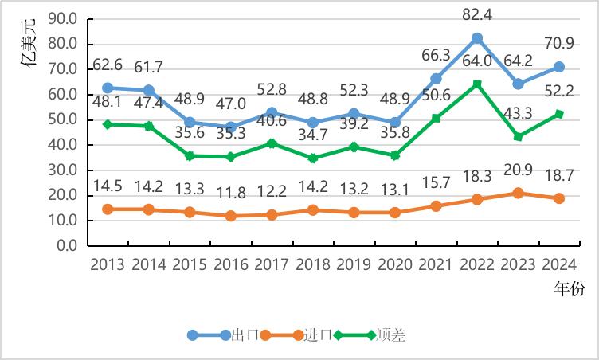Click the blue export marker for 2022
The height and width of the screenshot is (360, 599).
[x=477, y=38]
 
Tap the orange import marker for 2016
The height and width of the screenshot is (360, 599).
[x=230, y=216]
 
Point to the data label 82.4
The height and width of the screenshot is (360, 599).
[x=477, y=14]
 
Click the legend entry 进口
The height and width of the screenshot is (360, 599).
[x=317, y=335]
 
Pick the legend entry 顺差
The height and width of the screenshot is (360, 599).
[x=391, y=335]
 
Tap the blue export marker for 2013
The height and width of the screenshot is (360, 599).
[x=107, y=88]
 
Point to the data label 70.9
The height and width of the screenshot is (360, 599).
[x=559, y=44]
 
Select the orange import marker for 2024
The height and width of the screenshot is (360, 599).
[x=559, y=198]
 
